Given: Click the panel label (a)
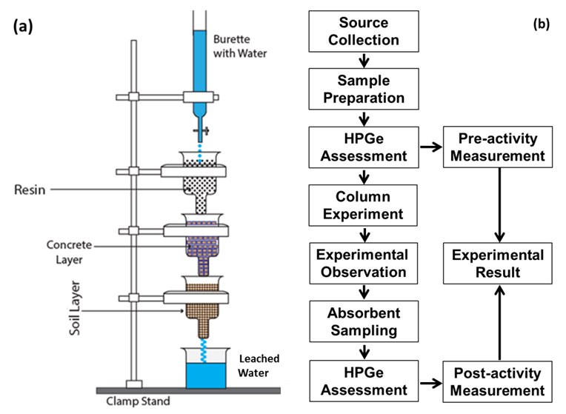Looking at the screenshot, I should (x=24, y=27).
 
